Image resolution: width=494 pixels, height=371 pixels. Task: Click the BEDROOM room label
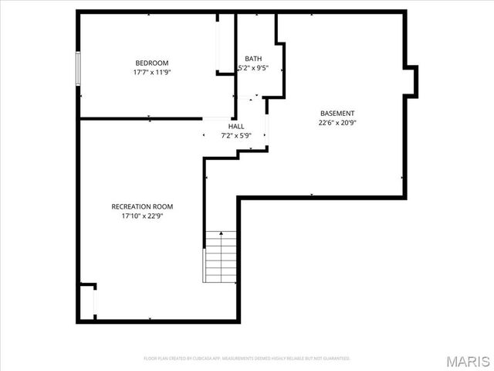point(151,63)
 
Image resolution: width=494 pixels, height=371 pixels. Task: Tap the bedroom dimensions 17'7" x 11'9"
point(151,72)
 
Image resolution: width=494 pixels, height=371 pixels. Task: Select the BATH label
point(253,59)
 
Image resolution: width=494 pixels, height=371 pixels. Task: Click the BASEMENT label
point(337,113)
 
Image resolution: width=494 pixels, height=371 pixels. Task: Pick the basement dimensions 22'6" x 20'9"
point(337,122)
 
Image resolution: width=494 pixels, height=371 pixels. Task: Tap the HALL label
point(236,126)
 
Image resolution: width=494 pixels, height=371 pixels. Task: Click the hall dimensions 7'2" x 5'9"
point(236,136)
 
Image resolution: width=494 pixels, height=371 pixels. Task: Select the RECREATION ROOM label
point(142,206)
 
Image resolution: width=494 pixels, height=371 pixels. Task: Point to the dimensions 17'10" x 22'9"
point(142,216)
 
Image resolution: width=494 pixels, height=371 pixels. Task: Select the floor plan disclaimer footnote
point(247,359)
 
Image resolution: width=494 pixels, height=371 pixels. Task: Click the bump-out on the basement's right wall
point(411,80)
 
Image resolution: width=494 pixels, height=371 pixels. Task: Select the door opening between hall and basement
point(267,128)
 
